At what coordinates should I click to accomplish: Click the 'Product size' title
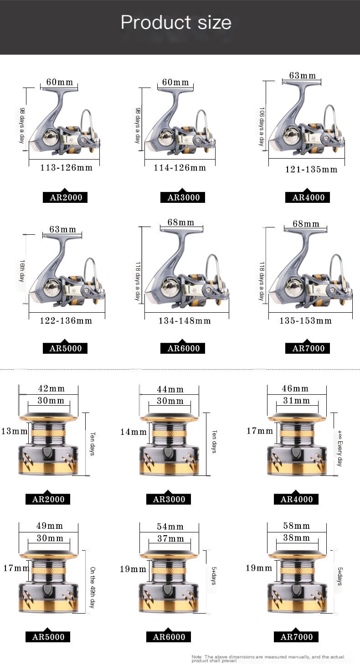(x=176, y=22)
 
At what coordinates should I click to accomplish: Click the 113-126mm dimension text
(x=67, y=168)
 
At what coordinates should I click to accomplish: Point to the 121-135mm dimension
(x=311, y=170)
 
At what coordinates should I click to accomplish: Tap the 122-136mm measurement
(x=66, y=321)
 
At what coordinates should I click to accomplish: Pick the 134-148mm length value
(x=185, y=321)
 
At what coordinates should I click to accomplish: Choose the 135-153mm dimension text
(x=306, y=321)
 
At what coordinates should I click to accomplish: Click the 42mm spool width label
(x=51, y=389)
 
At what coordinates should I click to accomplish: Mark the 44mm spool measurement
(x=170, y=389)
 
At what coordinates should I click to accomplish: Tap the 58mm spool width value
(x=296, y=526)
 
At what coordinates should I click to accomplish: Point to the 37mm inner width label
(x=170, y=539)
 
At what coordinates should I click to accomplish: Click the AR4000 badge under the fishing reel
(x=309, y=197)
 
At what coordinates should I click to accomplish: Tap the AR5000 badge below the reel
(x=65, y=348)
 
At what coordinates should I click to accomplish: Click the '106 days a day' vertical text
(x=262, y=126)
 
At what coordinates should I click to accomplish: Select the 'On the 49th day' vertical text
(x=92, y=588)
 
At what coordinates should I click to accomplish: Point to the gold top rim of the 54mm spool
(x=169, y=555)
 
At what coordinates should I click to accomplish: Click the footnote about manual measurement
(x=268, y=658)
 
